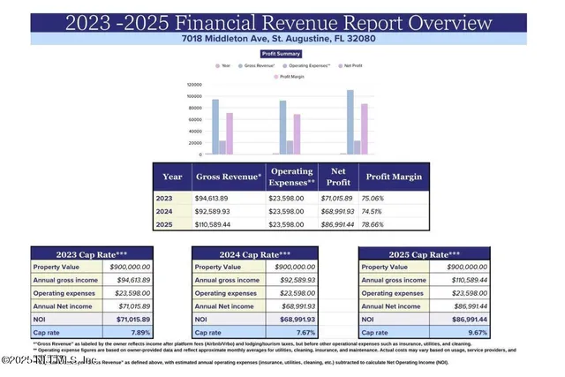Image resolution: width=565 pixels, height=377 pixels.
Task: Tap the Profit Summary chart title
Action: [282, 53]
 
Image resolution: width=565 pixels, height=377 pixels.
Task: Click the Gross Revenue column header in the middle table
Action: [228, 177]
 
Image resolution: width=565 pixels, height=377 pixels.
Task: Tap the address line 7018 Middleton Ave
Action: [282, 38]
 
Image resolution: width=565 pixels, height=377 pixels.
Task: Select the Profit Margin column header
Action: [394, 177]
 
